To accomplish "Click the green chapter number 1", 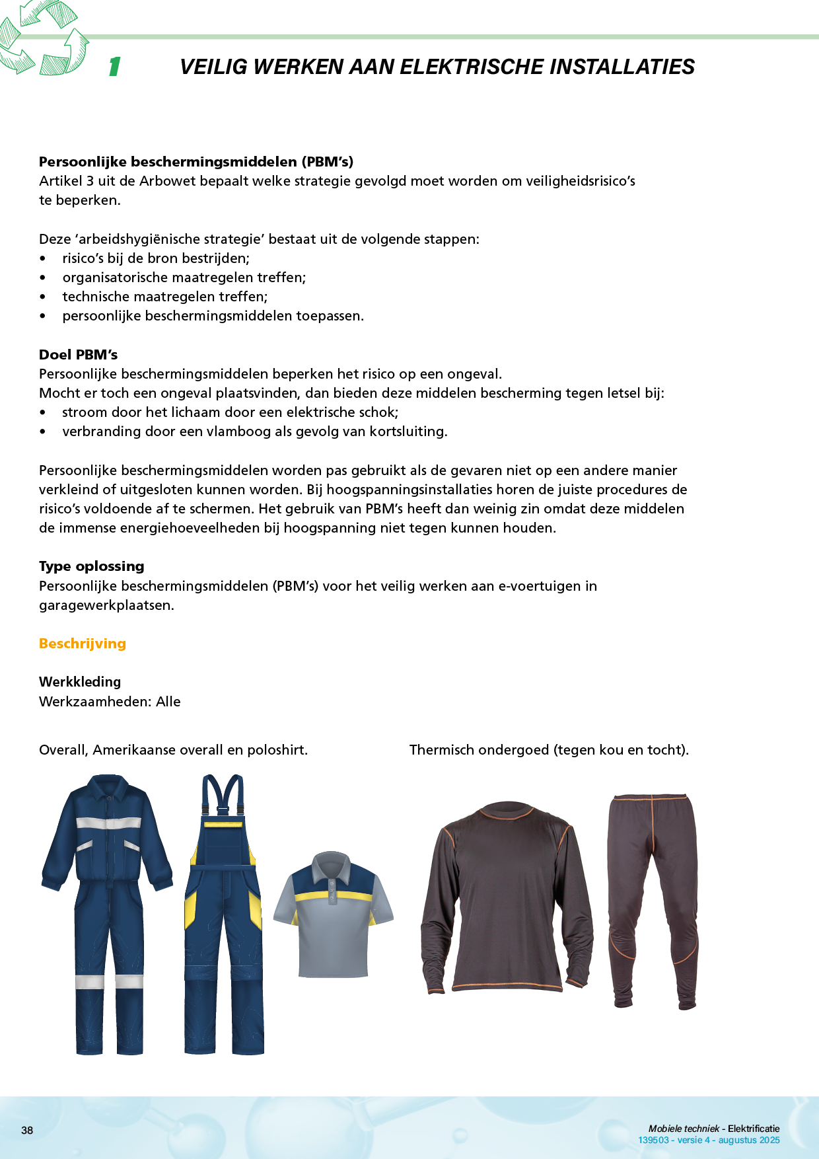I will [x=115, y=67].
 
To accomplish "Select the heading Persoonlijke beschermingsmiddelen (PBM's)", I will [x=196, y=162].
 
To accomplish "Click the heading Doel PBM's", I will [x=78, y=355].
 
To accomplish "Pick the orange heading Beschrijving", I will [x=83, y=644].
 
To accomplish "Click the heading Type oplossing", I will [x=92, y=566].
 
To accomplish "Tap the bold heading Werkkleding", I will [x=80, y=682].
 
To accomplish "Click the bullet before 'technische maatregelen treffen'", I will [x=43, y=297].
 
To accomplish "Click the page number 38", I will [x=27, y=1130].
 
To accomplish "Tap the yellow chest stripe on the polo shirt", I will [x=333, y=897].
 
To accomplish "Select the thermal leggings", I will [x=653, y=899].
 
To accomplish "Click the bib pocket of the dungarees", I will [x=223, y=842].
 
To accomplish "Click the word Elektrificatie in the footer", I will [x=754, y=1129].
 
